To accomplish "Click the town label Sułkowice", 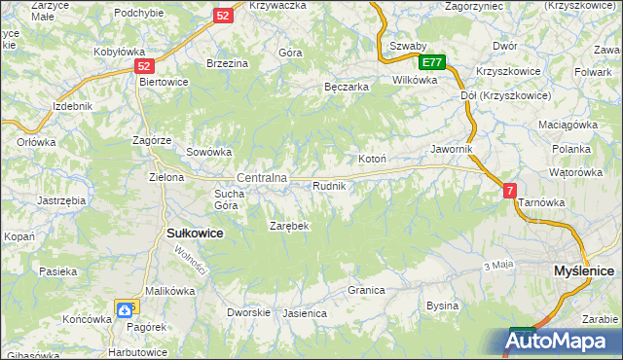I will (x=196, y=234).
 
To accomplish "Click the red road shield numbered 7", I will (x=510, y=192).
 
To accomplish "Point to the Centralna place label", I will (x=262, y=178).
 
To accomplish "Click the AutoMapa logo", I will (x=563, y=342).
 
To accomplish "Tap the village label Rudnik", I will (x=329, y=185).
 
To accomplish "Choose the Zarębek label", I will (x=289, y=226).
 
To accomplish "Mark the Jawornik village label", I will (x=452, y=149).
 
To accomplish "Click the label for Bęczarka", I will (x=347, y=87).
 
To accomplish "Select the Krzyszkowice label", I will (x=508, y=72).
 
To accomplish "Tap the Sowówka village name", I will (x=208, y=152).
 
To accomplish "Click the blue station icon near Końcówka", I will (x=126, y=310).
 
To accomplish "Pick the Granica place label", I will (x=367, y=290).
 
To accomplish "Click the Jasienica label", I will (x=304, y=314).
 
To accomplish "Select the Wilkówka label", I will (x=415, y=80).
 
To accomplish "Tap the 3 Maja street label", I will (x=497, y=266).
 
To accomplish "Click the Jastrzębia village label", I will (x=61, y=199).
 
